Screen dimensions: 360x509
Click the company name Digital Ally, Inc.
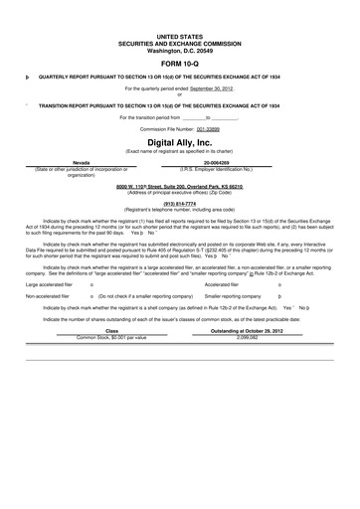(179, 142)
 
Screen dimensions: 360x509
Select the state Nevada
(88, 161)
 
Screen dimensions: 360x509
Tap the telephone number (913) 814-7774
(179, 203)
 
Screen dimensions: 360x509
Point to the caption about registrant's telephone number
(179, 209)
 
